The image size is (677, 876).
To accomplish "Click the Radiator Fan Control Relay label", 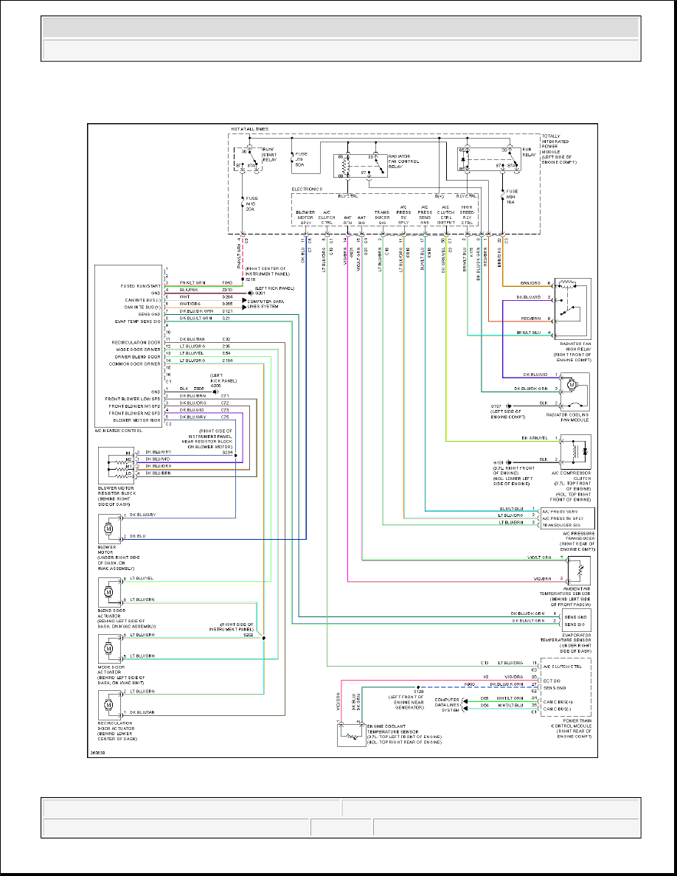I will (403, 161).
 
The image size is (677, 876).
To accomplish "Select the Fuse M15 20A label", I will (252, 203).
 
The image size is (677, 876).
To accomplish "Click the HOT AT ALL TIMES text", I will (249, 129).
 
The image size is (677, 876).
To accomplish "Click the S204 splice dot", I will (235, 456).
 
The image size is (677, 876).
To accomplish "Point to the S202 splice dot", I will (263, 638).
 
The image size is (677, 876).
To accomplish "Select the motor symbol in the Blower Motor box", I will (108, 528).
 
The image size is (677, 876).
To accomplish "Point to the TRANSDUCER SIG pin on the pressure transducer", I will (559, 523).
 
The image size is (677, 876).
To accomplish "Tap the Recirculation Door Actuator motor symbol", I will (108, 704).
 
